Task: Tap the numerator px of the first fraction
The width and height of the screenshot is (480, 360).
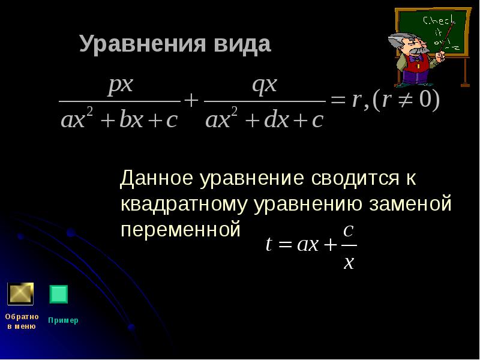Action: pos(120,85)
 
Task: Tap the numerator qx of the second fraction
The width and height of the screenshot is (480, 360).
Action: pos(265,85)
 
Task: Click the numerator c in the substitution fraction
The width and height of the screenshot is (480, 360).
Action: pos(347,230)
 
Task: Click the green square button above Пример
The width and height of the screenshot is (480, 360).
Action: pos(58,294)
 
